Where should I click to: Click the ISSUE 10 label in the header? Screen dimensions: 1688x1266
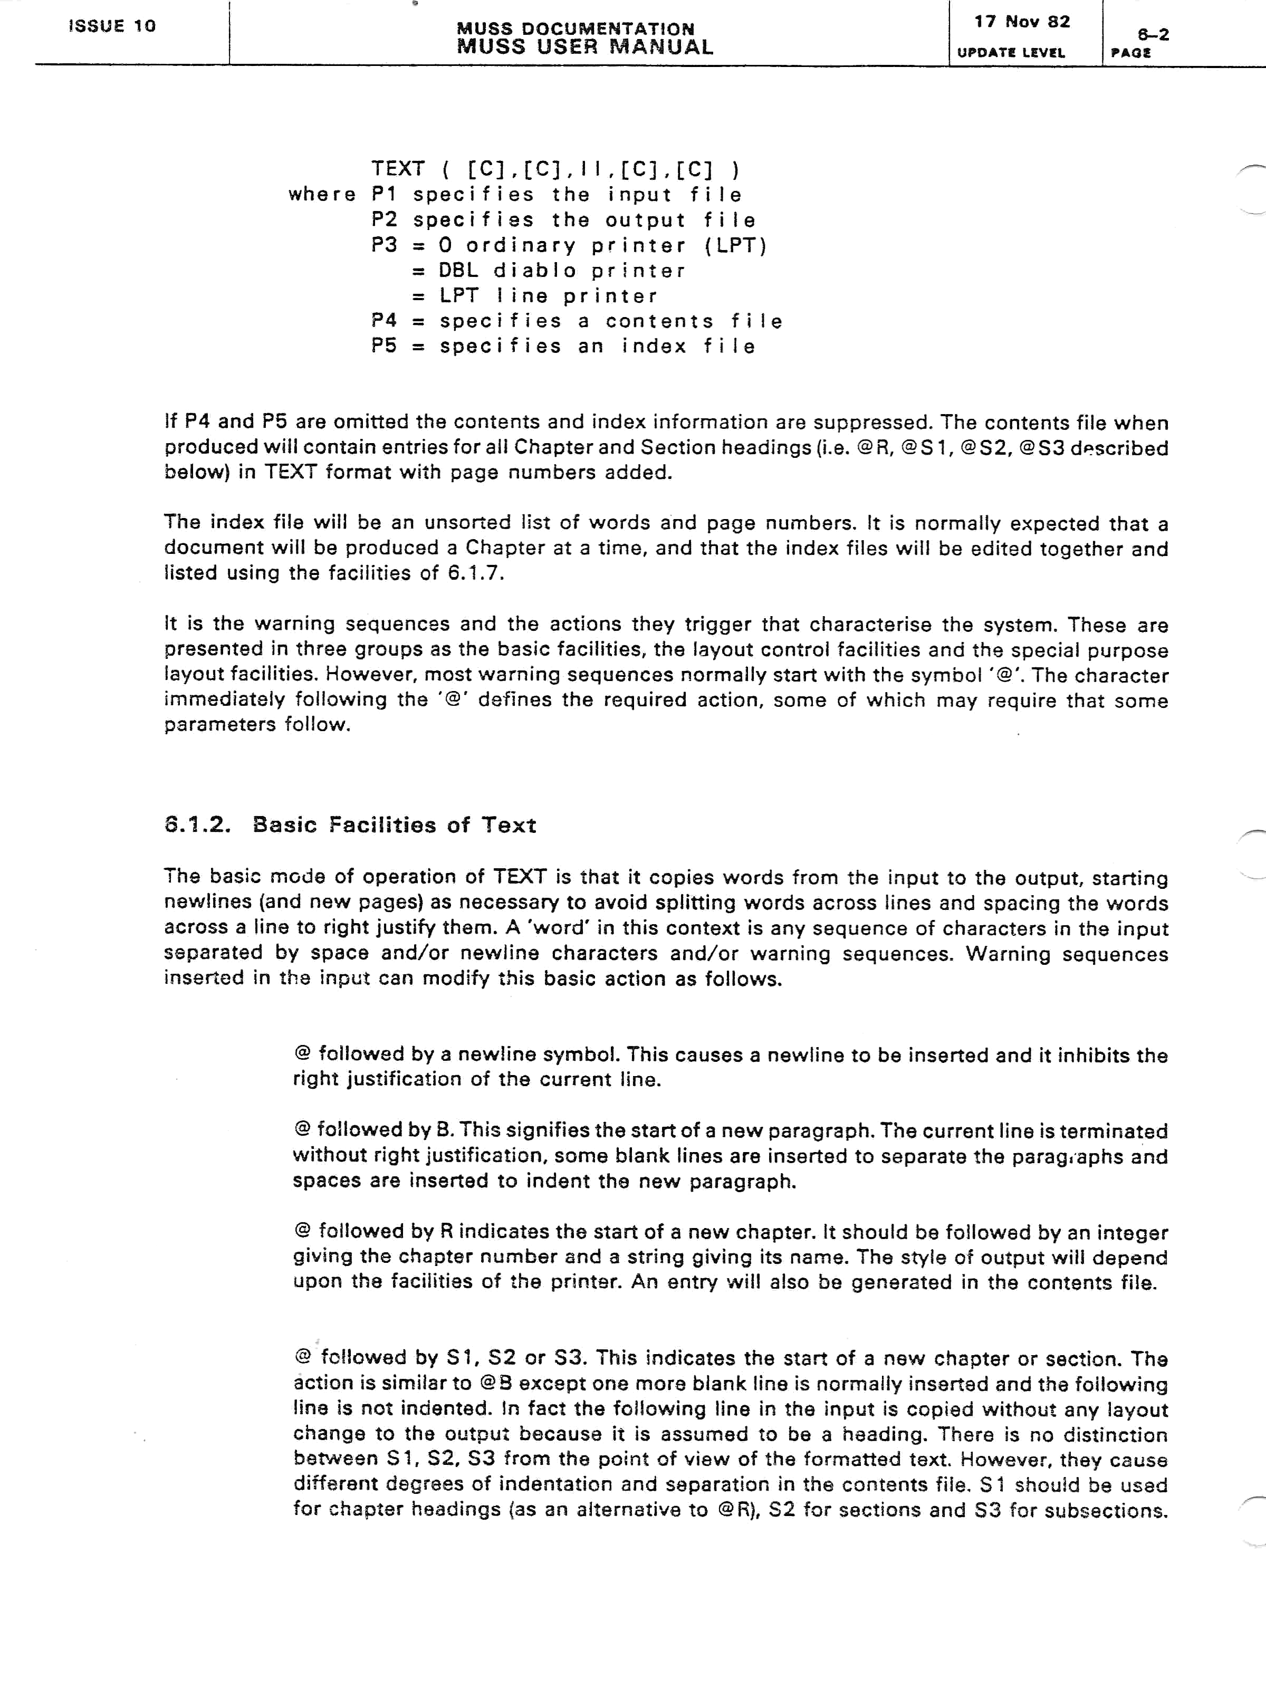point(112,26)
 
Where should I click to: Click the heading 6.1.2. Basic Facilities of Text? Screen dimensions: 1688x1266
point(350,825)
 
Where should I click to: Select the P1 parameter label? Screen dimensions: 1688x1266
point(386,195)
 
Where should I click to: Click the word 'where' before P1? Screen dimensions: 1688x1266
point(322,195)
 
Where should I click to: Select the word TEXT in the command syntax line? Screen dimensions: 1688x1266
point(398,169)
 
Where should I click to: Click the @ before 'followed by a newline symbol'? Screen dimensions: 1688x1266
point(302,1054)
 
